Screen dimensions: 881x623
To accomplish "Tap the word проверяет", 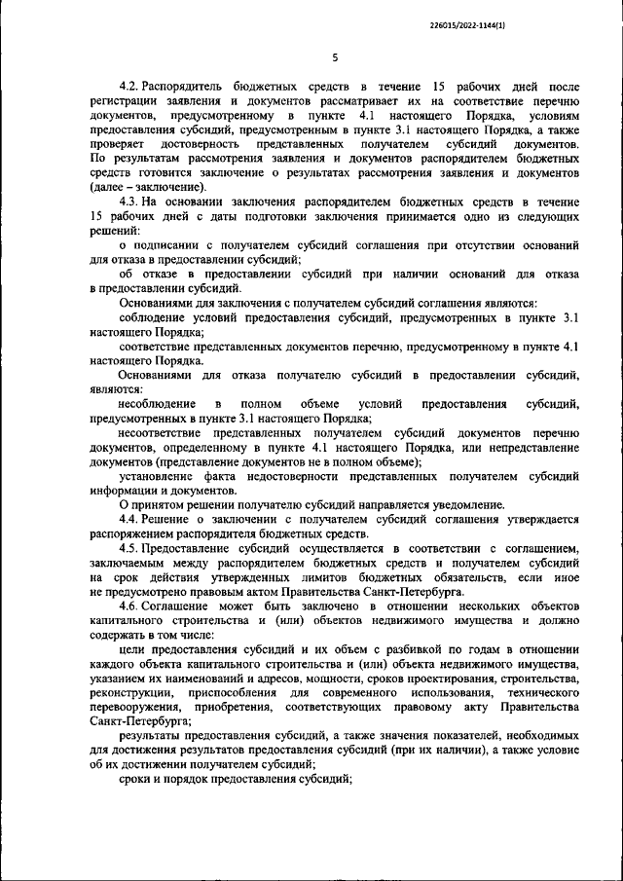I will [120, 143].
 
